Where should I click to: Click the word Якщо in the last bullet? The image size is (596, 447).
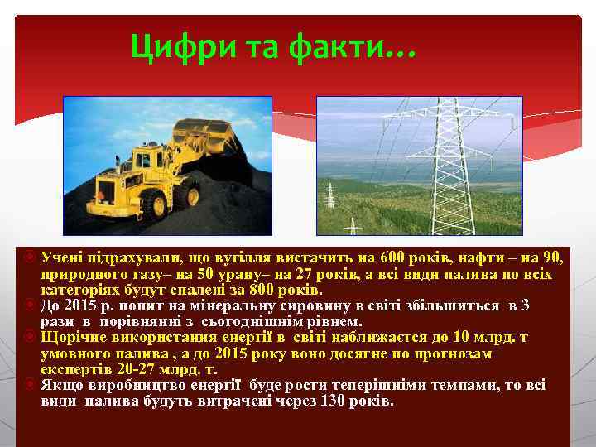[x=64, y=385]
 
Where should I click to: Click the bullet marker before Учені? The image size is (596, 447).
[x=29, y=259]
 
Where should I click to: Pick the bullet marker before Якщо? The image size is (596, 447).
[x=29, y=385]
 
